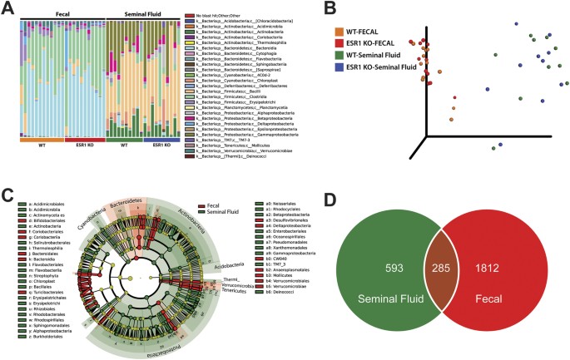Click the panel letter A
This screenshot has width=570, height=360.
tap(7, 9)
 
